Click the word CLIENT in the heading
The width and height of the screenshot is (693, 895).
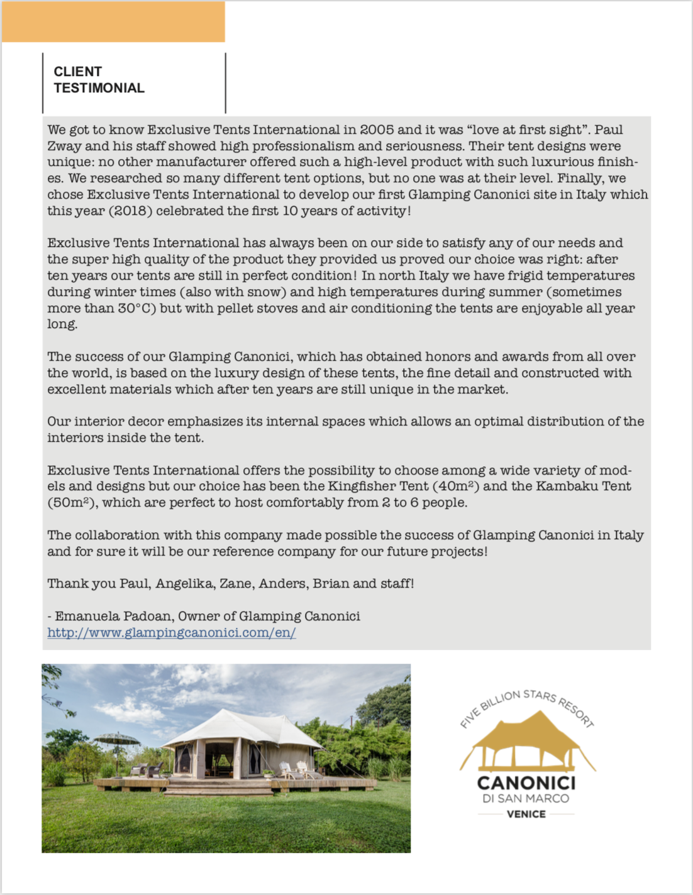(x=77, y=72)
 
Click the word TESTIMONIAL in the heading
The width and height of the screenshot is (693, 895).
(x=99, y=88)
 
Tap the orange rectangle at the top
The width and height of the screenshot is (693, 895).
(x=113, y=22)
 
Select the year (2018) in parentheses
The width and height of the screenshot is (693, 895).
(x=131, y=211)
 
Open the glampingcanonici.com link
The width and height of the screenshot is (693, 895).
(x=171, y=633)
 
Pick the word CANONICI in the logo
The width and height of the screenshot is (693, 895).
(x=526, y=783)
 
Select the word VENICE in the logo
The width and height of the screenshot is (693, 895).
(x=526, y=815)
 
